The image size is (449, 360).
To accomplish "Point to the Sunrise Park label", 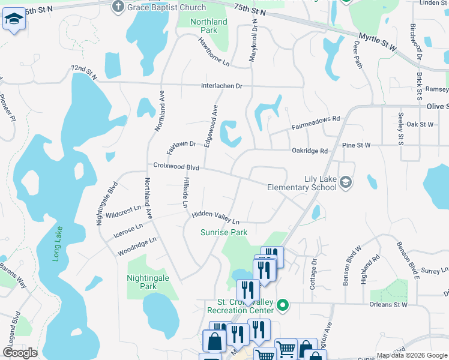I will (224, 232).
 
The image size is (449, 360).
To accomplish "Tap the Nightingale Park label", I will (149, 282).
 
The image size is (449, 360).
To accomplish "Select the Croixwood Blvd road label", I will (175, 166).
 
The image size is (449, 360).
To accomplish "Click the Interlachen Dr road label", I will (221, 86).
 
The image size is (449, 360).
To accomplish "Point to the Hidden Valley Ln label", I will (215, 217).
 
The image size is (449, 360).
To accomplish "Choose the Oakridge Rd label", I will (310, 151).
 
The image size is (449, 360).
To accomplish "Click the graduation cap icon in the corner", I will (14, 20).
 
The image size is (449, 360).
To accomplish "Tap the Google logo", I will (20, 353).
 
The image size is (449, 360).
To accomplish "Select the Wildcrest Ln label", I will (122, 212).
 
